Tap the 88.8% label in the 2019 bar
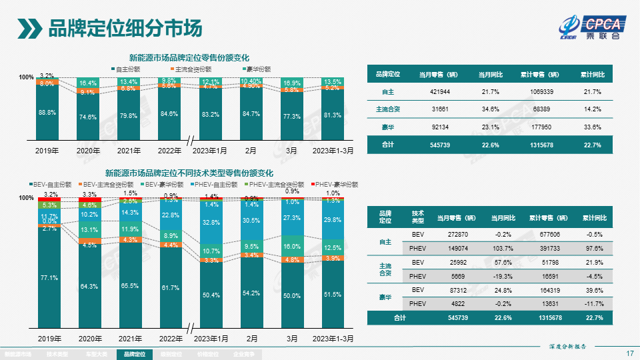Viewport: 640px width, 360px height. click(47, 113)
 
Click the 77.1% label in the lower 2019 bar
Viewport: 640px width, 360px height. click(47, 277)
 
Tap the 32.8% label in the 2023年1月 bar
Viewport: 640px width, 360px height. click(211, 222)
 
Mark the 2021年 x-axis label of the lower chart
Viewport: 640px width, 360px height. click(129, 339)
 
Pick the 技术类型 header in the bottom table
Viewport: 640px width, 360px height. click(418, 217)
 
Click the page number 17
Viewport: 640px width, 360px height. click(629, 353)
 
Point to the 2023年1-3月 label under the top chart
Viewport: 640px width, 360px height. click(333, 151)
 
